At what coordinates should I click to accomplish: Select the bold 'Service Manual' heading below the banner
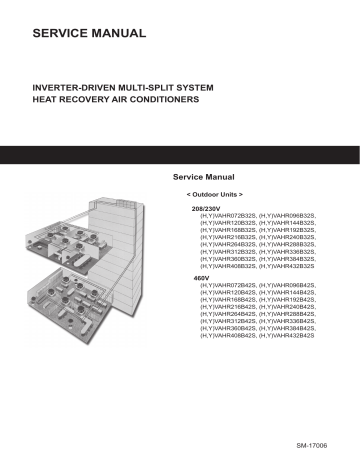[205, 176]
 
